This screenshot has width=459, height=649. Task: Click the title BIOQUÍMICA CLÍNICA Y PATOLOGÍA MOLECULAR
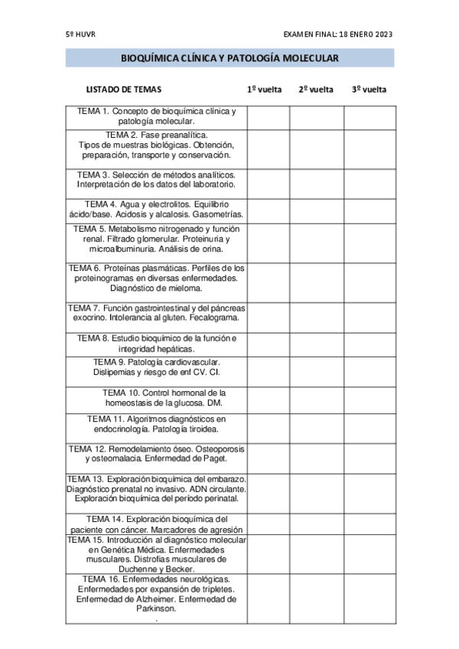click(229, 58)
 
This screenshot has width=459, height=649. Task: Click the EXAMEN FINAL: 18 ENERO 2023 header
click(337, 34)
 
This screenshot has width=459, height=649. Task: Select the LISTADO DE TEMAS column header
click(123, 90)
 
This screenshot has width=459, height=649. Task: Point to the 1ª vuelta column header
click(264, 90)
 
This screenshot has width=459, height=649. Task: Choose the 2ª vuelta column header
click(316, 90)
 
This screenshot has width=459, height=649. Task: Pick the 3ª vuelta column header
click(369, 90)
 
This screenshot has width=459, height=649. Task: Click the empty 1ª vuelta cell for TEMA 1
click(268, 116)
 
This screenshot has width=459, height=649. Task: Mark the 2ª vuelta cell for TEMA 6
click(316, 279)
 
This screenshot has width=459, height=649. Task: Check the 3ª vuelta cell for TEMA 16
click(369, 599)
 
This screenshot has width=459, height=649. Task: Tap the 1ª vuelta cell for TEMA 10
click(268, 399)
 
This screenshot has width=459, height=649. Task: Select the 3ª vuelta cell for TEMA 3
click(369, 181)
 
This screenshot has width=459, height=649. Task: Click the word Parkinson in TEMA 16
click(156, 609)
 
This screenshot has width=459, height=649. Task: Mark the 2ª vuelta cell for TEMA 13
click(316, 488)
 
